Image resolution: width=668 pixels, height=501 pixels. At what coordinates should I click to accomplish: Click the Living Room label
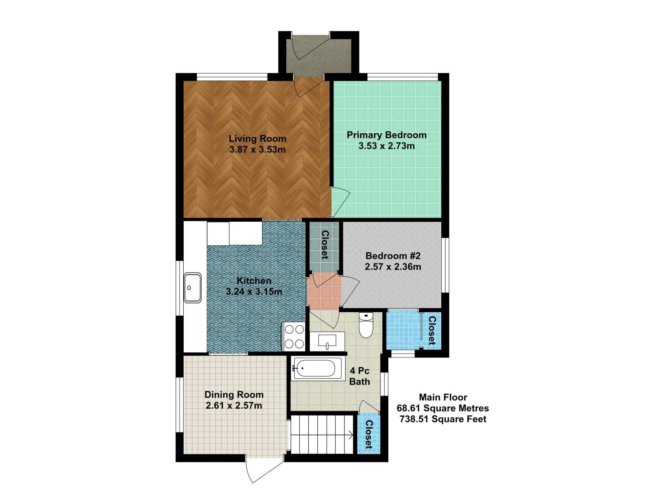pos(258,139)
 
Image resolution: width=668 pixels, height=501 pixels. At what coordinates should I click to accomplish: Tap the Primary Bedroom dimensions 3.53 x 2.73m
pos(387,146)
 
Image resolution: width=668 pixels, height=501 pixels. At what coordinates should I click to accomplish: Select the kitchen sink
pos(192,288)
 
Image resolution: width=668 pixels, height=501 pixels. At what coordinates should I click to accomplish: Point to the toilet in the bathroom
pos(366,325)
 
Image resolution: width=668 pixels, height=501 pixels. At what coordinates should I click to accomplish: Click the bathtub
pos(316,368)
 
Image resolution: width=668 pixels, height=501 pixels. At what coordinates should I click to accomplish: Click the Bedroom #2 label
pos(393,256)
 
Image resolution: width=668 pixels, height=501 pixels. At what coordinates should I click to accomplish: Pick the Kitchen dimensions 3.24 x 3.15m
pos(254,292)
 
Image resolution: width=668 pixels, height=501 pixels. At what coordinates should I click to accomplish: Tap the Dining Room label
pos(234,395)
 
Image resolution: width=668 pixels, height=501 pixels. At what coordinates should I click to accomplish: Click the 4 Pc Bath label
pos(359,376)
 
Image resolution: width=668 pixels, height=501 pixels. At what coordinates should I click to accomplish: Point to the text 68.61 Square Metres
pos(443,408)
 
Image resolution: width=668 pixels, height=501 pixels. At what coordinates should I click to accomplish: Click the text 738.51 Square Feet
pos(443,419)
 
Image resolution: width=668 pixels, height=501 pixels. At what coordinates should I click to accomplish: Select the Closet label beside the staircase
pos(369,434)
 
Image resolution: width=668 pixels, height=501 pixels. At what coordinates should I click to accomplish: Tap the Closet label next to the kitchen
pos(325,245)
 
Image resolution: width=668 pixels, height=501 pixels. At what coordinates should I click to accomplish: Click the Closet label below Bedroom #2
pos(432,331)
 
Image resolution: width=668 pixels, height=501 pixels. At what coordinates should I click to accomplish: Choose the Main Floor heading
pos(443,397)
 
